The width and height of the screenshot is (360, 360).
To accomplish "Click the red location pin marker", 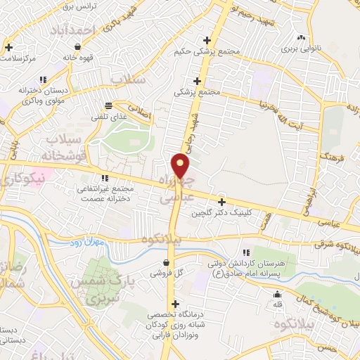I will (181, 165).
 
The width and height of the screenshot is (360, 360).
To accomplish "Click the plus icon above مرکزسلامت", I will (8, 48).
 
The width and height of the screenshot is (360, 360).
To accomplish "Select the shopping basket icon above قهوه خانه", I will (87, 46).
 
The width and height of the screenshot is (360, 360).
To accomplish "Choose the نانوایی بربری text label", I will (302, 50).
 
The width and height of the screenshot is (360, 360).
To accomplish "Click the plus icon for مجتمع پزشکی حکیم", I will (206, 40).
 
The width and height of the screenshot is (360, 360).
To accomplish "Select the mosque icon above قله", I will (278, 295).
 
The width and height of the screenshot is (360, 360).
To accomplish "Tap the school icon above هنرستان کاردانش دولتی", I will (245, 252).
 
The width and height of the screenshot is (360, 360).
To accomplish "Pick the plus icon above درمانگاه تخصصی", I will (175, 303).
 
